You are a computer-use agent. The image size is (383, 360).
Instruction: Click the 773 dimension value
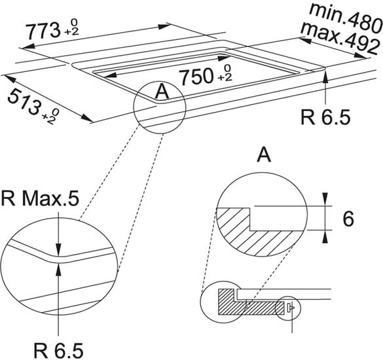pos(43,31)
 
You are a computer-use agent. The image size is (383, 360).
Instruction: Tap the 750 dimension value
pos(196,77)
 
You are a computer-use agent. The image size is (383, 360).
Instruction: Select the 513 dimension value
pos(24,101)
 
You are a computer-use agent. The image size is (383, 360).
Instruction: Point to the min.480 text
pos(345,18)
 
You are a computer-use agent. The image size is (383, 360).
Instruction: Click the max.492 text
pos(340,37)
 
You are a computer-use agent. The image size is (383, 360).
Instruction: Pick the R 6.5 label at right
pos(325,117)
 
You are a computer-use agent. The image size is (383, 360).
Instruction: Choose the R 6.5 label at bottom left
pos(58,350)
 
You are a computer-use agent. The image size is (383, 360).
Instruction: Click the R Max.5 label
pos(41,198)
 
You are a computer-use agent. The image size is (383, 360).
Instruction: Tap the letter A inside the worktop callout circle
pos(162,92)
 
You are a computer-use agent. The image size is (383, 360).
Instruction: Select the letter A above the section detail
pos(264,155)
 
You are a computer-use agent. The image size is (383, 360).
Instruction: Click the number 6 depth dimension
pos(348,219)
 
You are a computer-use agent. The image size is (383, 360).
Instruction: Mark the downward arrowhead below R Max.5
pos(58,251)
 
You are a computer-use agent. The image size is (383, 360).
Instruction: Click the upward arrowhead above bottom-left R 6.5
pos(58,269)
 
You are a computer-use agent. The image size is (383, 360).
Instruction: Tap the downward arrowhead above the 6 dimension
pos(325,199)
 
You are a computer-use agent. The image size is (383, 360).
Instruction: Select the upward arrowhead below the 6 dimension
pos(325,237)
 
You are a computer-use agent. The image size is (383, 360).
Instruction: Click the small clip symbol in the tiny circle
pos(291,307)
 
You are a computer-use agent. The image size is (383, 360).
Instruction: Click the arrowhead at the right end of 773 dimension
pos(164,26)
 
